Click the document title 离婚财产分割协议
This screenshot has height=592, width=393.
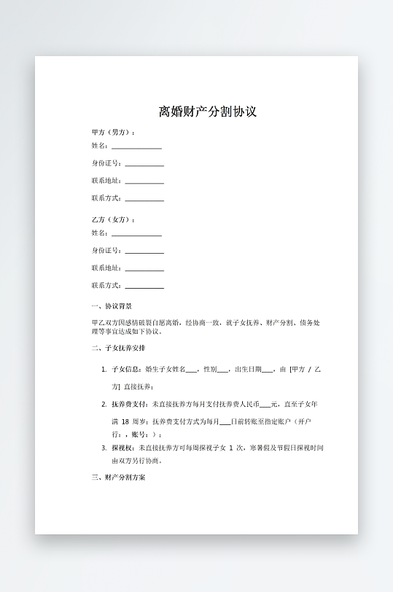point(207,112)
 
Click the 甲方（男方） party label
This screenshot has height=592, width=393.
point(112,132)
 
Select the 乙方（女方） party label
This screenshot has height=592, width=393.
point(112,219)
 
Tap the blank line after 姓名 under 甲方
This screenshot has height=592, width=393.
point(136,147)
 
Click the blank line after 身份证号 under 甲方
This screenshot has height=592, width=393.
point(144,165)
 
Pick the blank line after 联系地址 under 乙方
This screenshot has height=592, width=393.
point(144,270)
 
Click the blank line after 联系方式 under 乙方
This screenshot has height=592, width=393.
point(144,287)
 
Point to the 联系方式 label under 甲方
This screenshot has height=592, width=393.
point(106,198)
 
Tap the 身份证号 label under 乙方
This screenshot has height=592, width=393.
point(106,251)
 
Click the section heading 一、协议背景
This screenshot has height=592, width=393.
point(112,306)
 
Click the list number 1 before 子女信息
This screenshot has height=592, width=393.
point(104,370)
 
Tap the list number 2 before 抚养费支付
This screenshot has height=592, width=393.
point(104,404)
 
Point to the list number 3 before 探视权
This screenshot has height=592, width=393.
point(104,447)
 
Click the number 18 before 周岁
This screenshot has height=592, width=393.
point(125,421)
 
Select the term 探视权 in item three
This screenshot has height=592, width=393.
point(122,447)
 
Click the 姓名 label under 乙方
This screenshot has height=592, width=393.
point(99,233)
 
